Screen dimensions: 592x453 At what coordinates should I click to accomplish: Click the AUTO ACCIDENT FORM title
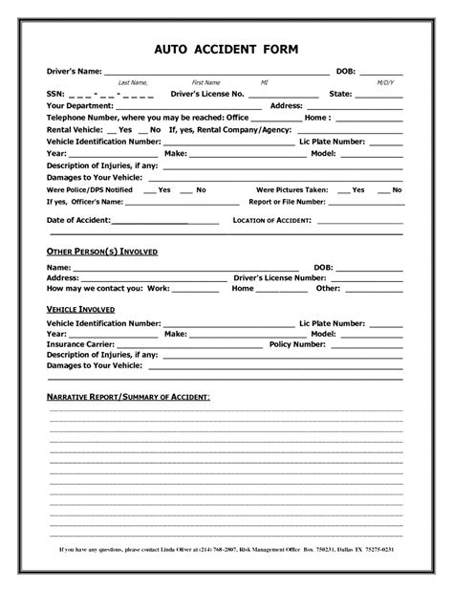click(x=226, y=49)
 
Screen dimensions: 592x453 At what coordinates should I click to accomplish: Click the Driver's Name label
click(x=74, y=72)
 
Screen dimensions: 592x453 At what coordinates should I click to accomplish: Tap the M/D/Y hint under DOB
click(x=384, y=83)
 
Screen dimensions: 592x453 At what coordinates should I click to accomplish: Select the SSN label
click(x=55, y=94)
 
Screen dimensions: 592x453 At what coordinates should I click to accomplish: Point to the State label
click(x=340, y=94)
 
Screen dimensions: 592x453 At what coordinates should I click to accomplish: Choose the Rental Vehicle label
click(x=75, y=128)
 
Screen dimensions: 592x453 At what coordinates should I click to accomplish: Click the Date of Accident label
click(x=79, y=220)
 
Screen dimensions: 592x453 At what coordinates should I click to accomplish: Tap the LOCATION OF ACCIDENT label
click(x=273, y=220)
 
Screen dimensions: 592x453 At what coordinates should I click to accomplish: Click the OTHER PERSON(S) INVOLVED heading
click(x=102, y=251)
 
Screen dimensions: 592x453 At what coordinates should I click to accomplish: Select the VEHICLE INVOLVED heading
click(x=81, y=311)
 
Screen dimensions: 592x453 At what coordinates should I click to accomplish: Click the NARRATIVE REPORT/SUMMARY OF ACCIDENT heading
click(x=129, y=395)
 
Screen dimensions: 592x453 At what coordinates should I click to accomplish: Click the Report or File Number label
click(x=288, y=202)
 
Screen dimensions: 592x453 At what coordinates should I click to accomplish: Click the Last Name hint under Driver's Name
click(x=132, y=83)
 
